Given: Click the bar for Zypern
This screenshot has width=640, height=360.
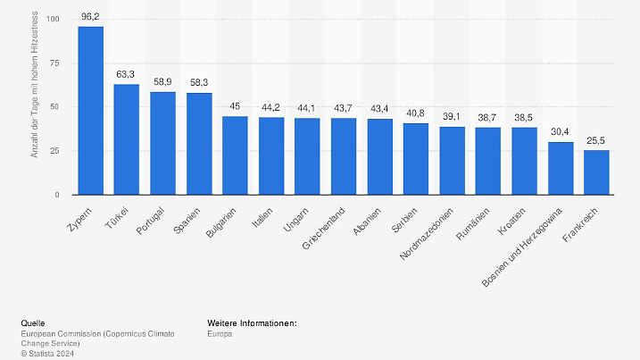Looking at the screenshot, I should point(90,110).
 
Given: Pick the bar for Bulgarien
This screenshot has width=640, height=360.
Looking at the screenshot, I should point(235,155).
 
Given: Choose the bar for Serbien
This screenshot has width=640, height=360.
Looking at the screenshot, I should point(416,159).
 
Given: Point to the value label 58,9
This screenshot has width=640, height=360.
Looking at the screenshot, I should point(162,81).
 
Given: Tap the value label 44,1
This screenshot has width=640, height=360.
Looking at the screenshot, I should point(307,107).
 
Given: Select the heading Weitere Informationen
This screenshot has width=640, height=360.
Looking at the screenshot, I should point(252,322).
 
